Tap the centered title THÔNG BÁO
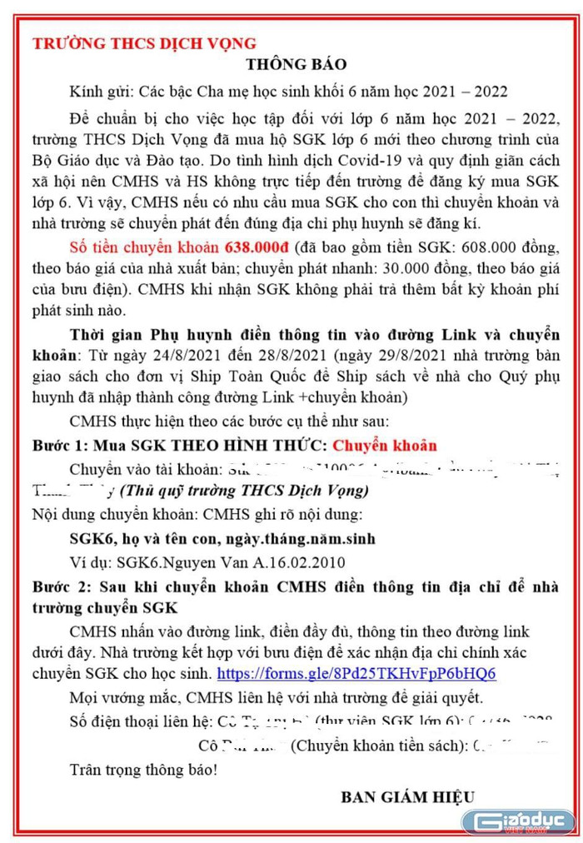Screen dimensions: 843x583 (296, 65)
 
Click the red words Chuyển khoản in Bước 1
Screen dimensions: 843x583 (384, 446)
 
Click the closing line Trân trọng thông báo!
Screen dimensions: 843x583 (144, 767)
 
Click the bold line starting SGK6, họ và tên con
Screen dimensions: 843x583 (222, 539)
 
